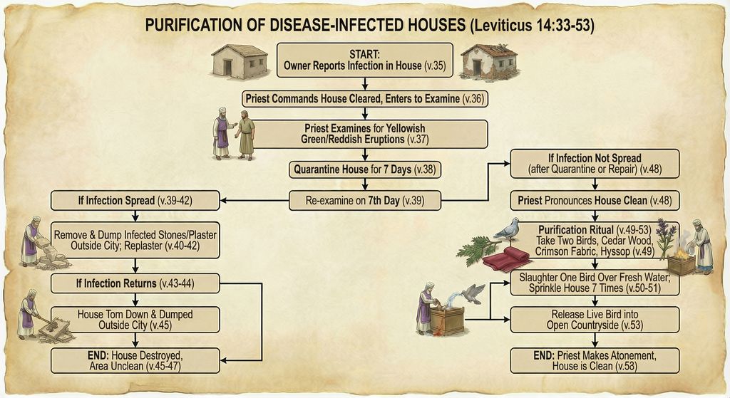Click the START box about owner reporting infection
[364, 60]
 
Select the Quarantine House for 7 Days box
[364, 170]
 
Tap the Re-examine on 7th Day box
[364, 201]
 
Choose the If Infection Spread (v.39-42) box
[135, 201]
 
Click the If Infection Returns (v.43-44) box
[135, 284]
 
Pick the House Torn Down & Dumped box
[135, 319]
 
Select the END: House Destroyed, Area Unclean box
[135, 360]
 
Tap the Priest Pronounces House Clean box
[595, 201]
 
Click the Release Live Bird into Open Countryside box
[595, 320]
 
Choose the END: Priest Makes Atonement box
[595, 360]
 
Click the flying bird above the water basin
[471, 293]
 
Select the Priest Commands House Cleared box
[364, 98]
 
